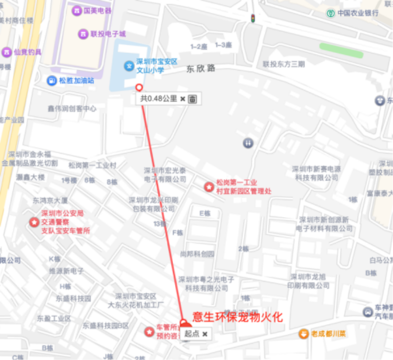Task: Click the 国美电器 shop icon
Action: (x=76, y=10)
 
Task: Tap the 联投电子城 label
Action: (x=108, y=34)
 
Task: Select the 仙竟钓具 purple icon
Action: (x=6, y=51)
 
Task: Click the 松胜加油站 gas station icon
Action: (x=51, y=80)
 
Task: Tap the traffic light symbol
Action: (x=253, y=18)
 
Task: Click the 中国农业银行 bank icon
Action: (x=330, y=13)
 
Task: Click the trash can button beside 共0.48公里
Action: (x=192, y=98)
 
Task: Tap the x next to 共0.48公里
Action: (x=182, y=98)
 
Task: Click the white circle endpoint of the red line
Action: (x=139, y=87)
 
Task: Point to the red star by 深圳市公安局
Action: (x=34, y=221)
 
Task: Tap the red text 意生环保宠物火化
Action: (x=238, y=316)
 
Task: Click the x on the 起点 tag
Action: (x=204, y=334)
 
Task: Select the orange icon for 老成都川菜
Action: (x=303, y=333)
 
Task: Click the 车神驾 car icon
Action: (x=368, y=312)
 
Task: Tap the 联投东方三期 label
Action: (x=283, y=64)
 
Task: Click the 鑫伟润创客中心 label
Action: (x=71, y=108)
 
